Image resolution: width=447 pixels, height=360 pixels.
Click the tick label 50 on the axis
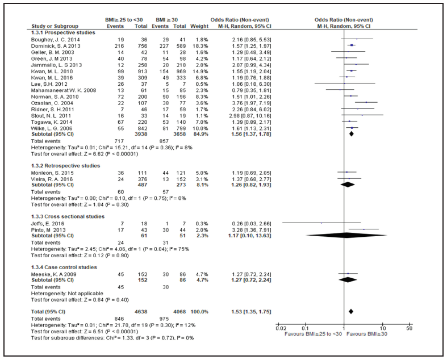click(x=410, y=328)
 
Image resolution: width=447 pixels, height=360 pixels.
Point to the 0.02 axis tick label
click(x=277, y=328)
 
